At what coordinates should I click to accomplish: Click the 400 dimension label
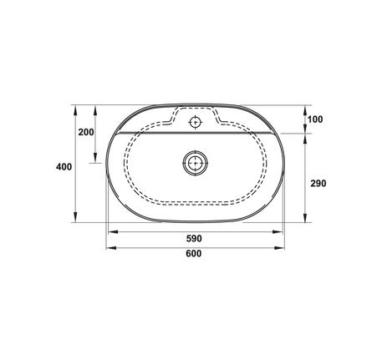pos(64,166)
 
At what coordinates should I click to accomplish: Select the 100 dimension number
pos(314,119)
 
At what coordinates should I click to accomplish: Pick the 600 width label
pos(193,256)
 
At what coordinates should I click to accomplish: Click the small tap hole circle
pos(196,123)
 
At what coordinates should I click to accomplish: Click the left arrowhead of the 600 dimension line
pos(109,248)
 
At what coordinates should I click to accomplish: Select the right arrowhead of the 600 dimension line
pos(280,248)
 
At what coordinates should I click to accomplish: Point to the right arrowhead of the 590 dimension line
pos(278,231)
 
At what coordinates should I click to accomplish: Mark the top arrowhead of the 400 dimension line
pos(75,109)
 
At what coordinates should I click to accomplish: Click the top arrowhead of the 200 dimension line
pos(97,109)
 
